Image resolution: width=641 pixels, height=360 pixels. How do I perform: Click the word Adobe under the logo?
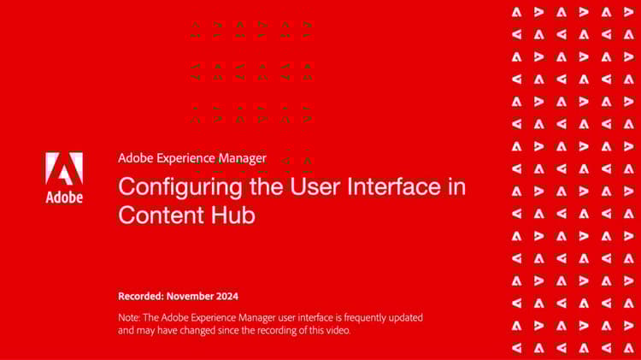[x=64, y=198]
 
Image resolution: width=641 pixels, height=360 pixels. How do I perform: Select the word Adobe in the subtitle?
[x=136, y=158]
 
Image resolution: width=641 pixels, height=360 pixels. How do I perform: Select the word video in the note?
[x=337, y=330]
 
